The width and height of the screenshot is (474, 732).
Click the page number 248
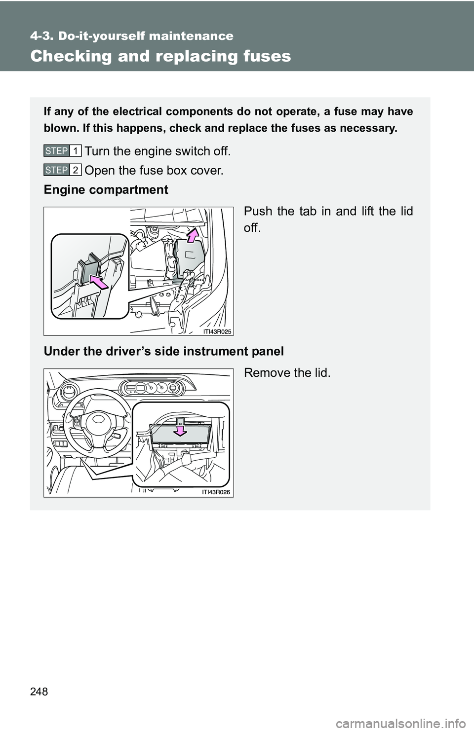click(x=39, y=692)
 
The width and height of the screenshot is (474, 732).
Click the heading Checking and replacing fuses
click(x=160, y=56)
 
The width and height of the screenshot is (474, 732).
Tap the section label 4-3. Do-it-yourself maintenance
click(x=132, y=36)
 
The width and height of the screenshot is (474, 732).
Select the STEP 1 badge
click(x=62, y=150)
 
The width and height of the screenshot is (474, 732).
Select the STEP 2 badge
click(x=62, y=170)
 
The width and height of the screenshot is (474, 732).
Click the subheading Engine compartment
click(x=106, y=190)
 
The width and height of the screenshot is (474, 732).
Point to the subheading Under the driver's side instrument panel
click(x=163, y=351)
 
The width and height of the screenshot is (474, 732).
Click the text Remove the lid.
click(x=287, y=372)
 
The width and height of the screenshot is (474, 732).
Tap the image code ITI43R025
click(x=217, y=331)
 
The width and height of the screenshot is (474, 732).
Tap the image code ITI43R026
click(x=216, y=492)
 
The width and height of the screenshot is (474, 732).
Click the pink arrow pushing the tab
click(x=99, y=282)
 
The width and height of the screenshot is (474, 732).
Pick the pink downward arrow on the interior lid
click(x=181, y=430)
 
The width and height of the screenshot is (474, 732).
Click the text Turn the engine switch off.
click(x=158, y=151)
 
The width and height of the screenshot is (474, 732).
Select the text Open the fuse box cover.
click(x=154, y=171)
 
